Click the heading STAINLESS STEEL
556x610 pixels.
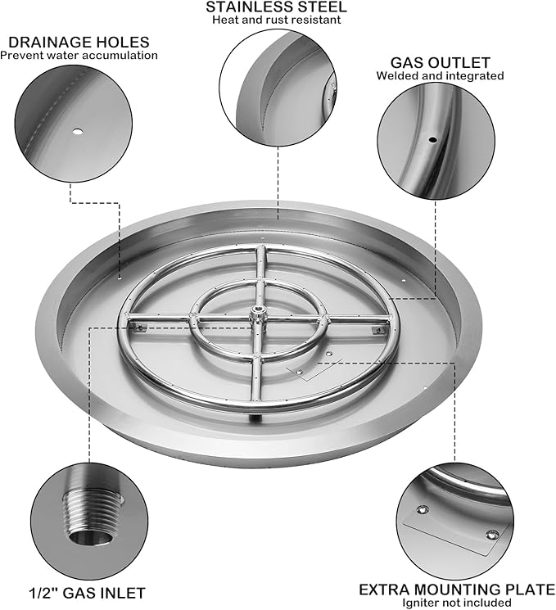(276, 7)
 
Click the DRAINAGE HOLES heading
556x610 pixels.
(79, 42)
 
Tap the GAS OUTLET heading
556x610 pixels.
(440, 62)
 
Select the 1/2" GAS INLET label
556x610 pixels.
(87, 593)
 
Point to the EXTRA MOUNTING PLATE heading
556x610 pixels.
(457, 590)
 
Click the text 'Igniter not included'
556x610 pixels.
(456, 603)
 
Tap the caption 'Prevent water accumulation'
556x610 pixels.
(79, 55)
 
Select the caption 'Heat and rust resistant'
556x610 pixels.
(276, 20)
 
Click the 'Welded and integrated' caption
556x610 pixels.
(440, 75)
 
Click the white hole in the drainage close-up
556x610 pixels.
(78, 132)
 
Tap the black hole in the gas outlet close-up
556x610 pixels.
(433, 139)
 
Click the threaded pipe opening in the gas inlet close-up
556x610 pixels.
(92, 538)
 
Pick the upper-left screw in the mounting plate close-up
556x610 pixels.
(423, 509)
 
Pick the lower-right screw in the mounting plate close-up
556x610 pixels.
(492, 535)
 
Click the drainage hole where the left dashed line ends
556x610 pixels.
(120, 278)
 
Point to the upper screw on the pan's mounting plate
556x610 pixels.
(329, 354)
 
